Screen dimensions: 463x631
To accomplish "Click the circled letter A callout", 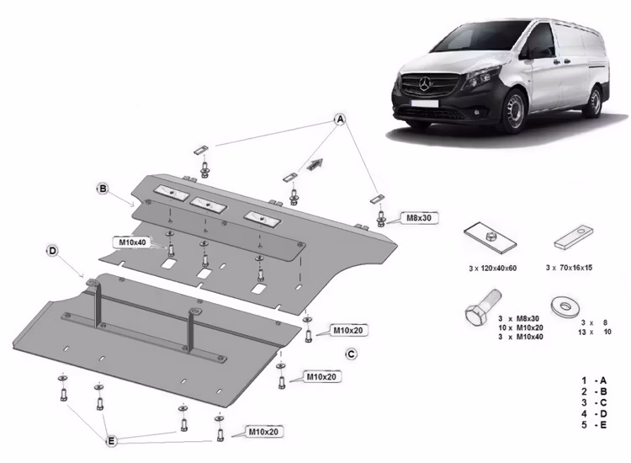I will [x=341, y=120].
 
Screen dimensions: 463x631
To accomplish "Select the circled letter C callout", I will [x=351, y=353].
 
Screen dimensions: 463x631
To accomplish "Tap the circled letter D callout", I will [x=52, y=251].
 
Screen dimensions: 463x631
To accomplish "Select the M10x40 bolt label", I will [x=132, y=242].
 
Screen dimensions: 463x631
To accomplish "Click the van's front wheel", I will [x=514, y=110].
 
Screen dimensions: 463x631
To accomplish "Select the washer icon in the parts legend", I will [x=562, y=306].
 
